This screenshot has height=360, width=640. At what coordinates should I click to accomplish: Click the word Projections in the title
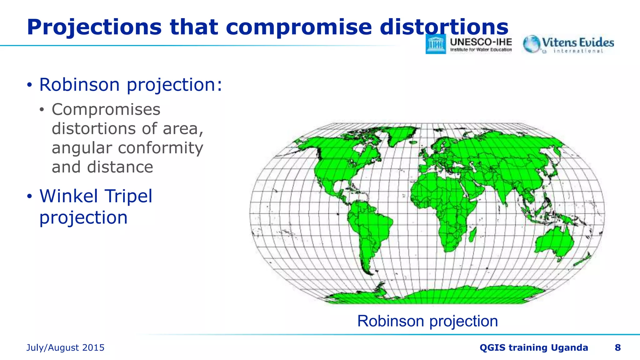94,27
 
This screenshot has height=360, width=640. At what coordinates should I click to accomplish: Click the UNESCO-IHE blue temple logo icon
436,44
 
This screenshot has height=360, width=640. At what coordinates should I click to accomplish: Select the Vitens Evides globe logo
531,44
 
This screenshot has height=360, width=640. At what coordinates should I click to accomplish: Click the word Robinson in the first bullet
79,85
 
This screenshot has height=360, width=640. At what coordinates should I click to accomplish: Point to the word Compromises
106,110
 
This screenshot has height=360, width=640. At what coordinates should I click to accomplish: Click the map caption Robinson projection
427,321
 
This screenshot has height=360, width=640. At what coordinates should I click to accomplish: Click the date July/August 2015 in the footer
65,347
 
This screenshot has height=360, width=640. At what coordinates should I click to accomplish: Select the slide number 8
617,347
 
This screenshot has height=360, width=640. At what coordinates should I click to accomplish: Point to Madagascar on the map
473,235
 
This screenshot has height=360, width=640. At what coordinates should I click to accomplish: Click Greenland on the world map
400,134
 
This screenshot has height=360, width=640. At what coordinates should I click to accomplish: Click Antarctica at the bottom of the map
437,296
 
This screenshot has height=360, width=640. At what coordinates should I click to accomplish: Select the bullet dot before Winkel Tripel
29,197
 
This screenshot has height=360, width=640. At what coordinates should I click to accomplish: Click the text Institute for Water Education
481,50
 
